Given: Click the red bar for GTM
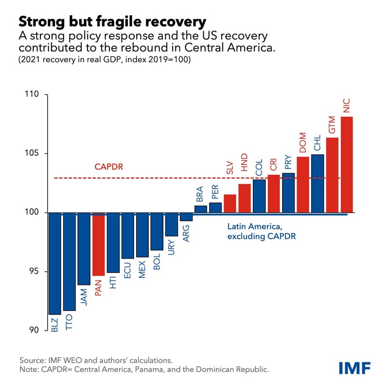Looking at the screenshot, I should (333, 175).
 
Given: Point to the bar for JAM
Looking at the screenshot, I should (84, 248).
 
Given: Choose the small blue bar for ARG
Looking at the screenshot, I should (186, 217).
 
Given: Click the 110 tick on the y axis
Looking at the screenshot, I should (35, 95).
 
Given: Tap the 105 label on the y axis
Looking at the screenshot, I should (35, 154).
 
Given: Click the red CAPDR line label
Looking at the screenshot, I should (108, 167).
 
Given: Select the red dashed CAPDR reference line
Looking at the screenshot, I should (146, 178).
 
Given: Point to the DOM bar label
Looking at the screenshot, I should (303, 142).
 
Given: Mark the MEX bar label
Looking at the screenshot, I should (142, 268).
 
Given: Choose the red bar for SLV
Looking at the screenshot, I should (230, 203).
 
